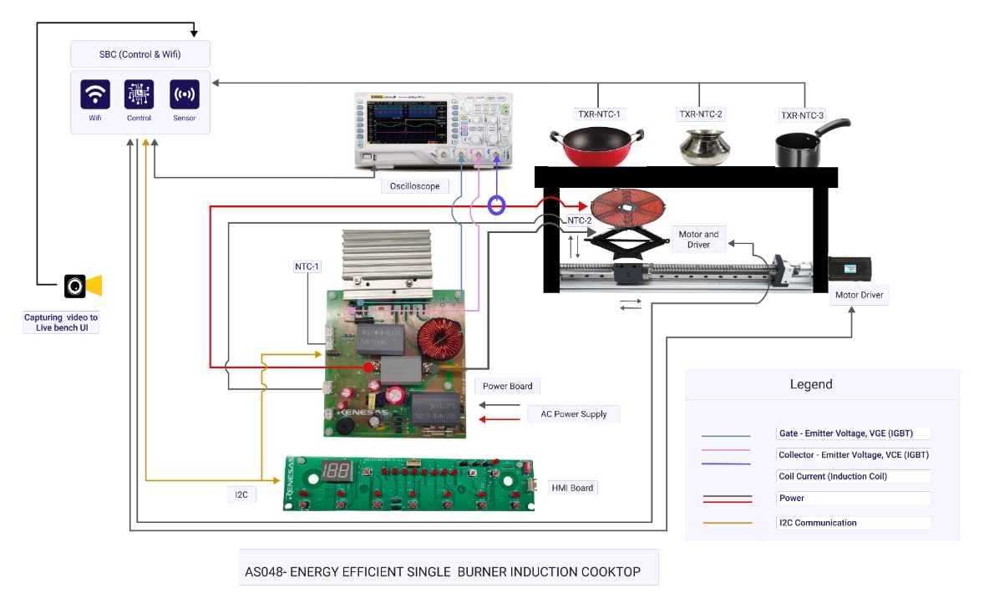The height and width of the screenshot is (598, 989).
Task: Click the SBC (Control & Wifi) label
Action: click(139, 55)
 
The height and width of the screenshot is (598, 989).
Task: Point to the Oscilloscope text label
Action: click(414, 186)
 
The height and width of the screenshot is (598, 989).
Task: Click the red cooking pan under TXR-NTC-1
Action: click(596, 145)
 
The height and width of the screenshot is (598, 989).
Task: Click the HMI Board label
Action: click(572, 488)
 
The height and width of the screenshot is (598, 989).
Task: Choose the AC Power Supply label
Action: click(573, 413)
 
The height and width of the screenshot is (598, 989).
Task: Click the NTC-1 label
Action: click(307, 267)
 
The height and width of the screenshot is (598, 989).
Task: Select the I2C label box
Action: click(241, 494)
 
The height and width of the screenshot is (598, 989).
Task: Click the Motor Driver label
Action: click(860, 295)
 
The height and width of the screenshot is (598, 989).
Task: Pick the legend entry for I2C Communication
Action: click(817, 523)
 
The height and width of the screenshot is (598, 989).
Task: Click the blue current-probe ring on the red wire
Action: click(497, 205)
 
